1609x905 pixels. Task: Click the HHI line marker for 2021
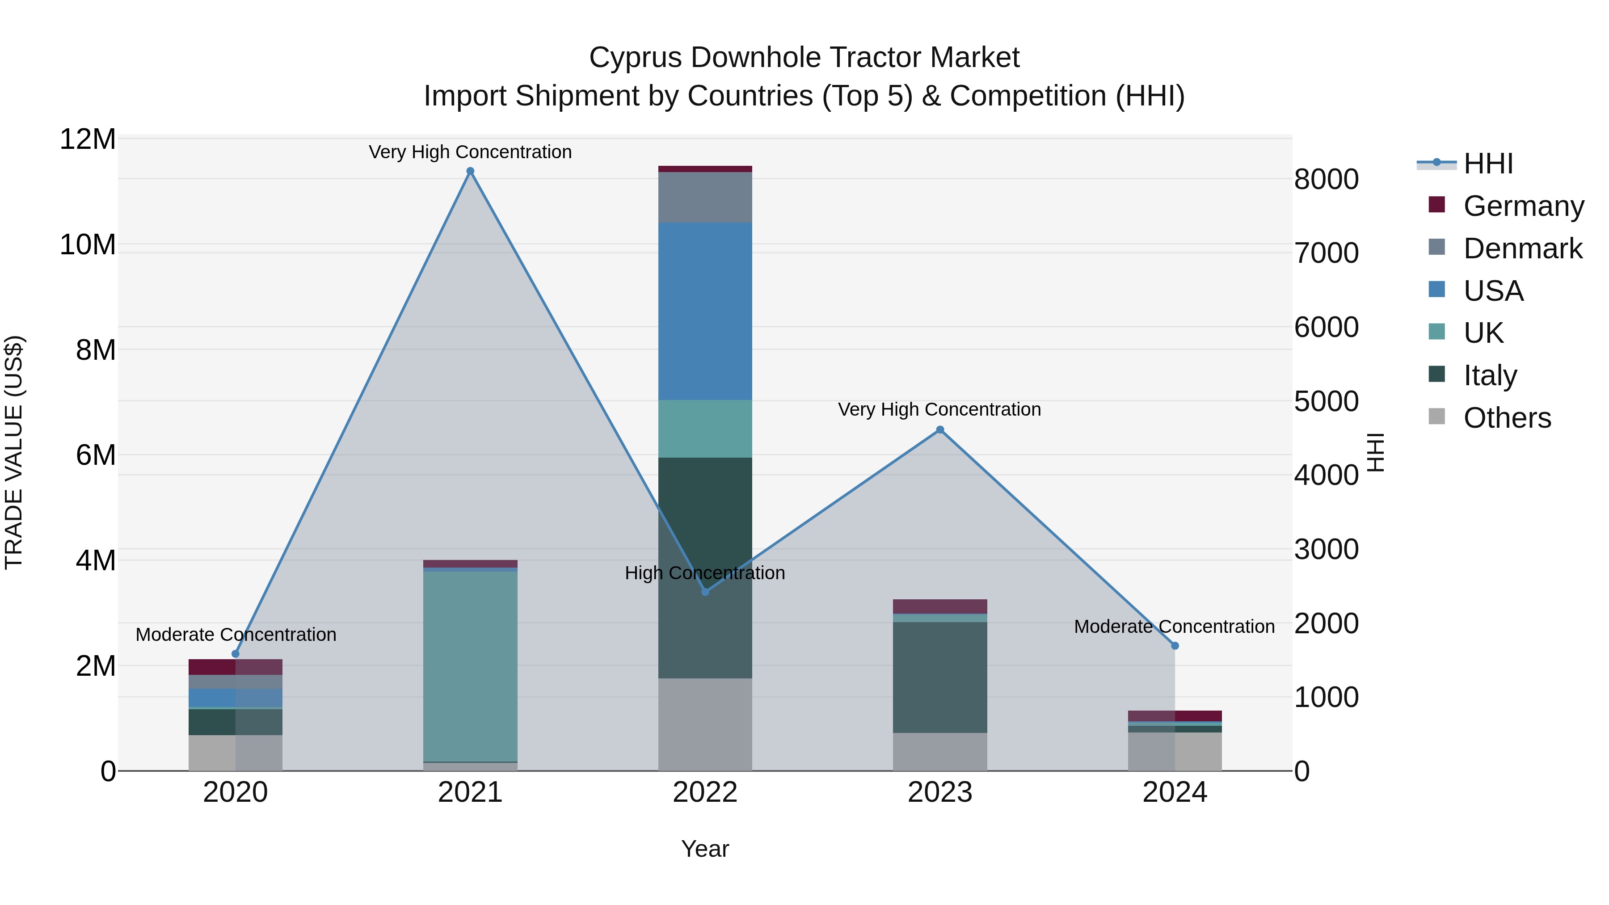pos(470,171)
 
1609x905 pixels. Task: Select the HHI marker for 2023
pos(940,429)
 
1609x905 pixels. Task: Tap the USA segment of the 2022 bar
pos(705,311)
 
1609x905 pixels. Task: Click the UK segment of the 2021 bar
pos(470,665)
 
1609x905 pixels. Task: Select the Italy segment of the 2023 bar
pos(940,677)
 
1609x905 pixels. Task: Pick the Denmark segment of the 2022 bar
pos(705,198)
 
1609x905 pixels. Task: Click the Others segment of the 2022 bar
pos(705,724)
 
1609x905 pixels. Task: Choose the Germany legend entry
pos(1523,206)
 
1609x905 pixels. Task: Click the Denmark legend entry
pos(1522,248)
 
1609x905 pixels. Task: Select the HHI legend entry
pos(1488,164)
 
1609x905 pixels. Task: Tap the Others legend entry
pos(1507,418)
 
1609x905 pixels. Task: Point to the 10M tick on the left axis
pos(88,245)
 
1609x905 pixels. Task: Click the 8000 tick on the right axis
pos(1326,180)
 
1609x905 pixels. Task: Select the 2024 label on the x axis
pos(1174,792)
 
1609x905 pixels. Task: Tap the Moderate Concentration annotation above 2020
pos(236,635)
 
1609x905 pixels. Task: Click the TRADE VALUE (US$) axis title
pos(14,452)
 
